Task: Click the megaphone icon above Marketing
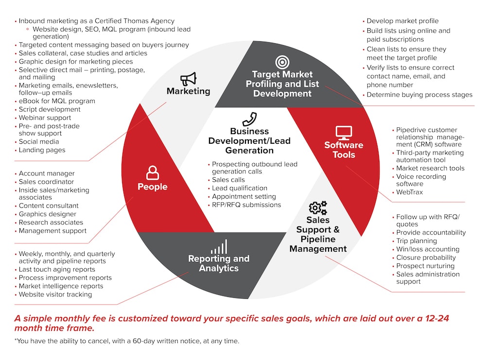[x=189, y=79]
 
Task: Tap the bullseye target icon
[x=282, y=62]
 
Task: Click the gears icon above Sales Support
[x=318, y=207]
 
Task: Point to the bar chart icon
[x=219, y=247]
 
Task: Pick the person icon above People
[x=153, y=172]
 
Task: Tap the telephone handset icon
[x=249, y=119]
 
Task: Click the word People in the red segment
[x=153, y=187]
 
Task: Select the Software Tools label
[x=344, y=150]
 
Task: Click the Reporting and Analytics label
[x=219, y=263]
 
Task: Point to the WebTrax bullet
[x=409, y=192]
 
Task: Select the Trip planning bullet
[x=417, y=240]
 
